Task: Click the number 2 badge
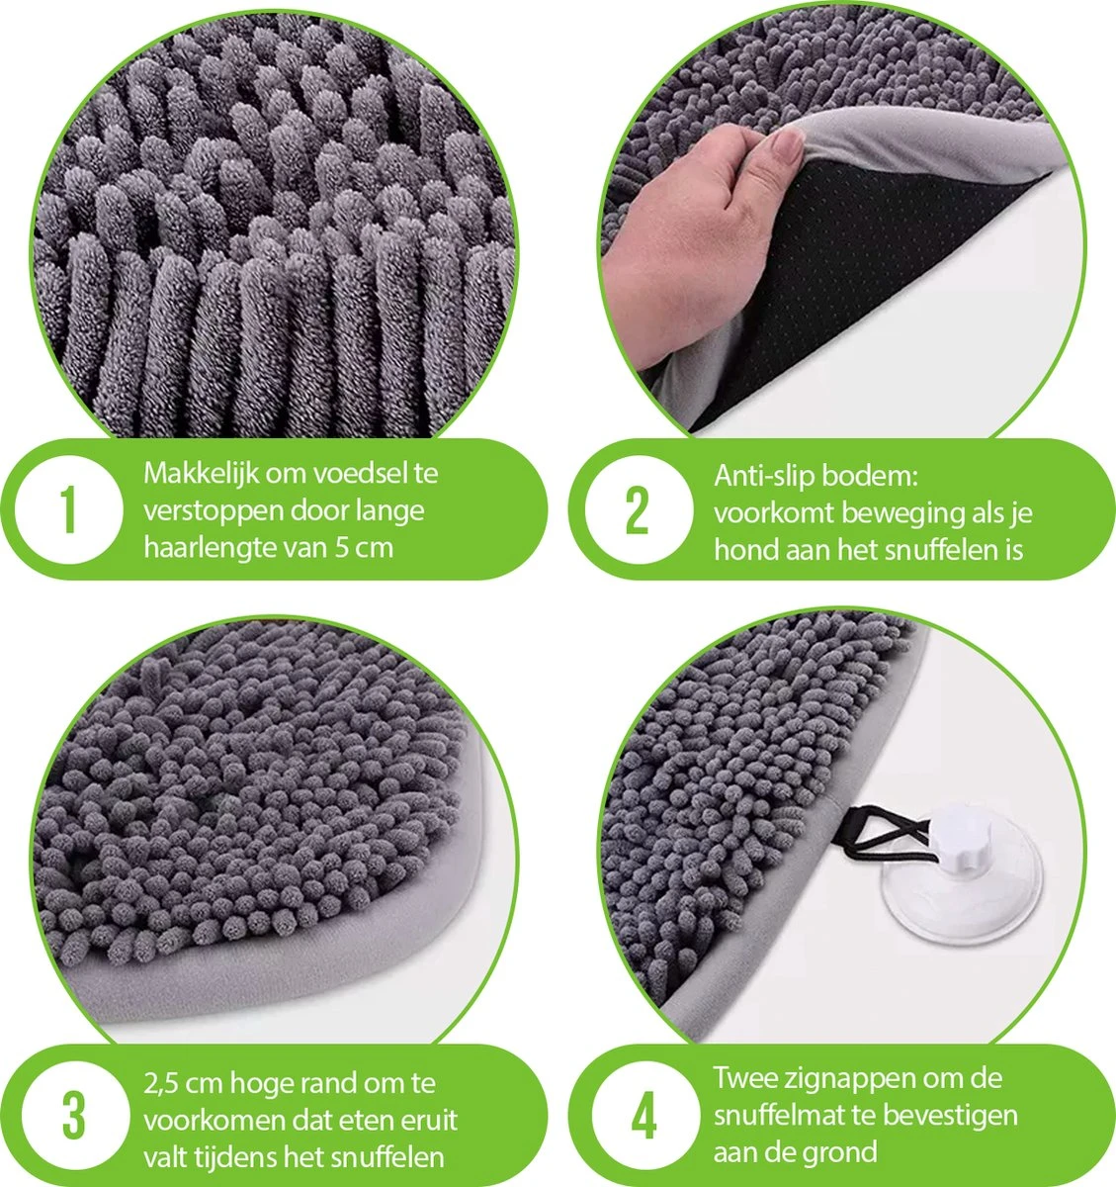coord(637,509)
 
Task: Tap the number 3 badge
coord(73,1114)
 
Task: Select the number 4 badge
coord(644,1116)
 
